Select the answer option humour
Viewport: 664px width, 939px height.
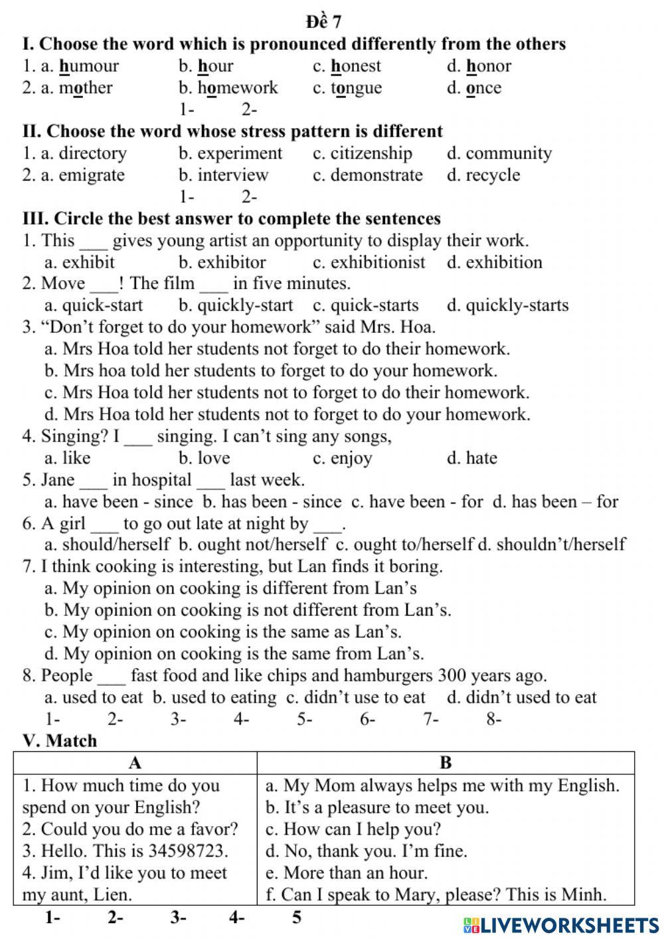(88, 66)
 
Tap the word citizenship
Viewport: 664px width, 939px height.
(371, 153)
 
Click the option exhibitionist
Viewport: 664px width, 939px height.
(377, 262)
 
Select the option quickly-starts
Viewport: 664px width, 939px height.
(517, 305)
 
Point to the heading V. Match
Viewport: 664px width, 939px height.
(60, 740)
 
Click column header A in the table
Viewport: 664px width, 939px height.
(135, 763)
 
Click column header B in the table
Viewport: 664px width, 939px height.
(446, 763)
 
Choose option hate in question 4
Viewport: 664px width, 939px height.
(481, 458)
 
